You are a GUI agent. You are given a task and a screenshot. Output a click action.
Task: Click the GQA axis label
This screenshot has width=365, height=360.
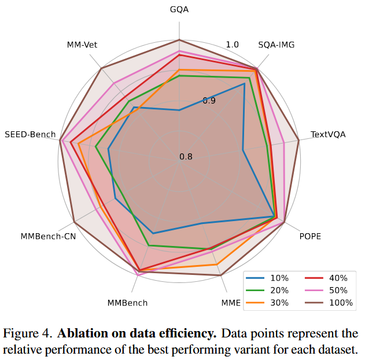pyautogui.click(x=179, y=10)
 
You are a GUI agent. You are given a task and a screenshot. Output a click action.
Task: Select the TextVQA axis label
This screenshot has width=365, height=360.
pyautogui.click(x=328, y=134)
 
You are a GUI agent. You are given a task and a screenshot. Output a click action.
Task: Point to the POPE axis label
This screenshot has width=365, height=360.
pyautogui.click(x=309, y=236)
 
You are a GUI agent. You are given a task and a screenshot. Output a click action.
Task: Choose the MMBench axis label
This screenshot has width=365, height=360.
pyautogui.click(x=127, y=303)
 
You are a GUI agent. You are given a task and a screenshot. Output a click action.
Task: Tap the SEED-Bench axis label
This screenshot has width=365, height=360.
pyautogui.click(x=30, y=134)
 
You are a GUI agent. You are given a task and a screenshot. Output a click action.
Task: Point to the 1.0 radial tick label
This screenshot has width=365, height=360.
pyautogui.click(x=233, y=45)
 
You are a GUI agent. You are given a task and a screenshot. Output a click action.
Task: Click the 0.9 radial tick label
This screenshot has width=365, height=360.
pyautogui.click(x=209, y=101)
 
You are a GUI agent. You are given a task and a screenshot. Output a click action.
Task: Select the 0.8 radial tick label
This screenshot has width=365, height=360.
pyautogui.click(x=186, y=157)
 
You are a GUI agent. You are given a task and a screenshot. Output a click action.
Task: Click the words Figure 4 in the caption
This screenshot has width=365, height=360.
pyautogui.click(x=27, y=335)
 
